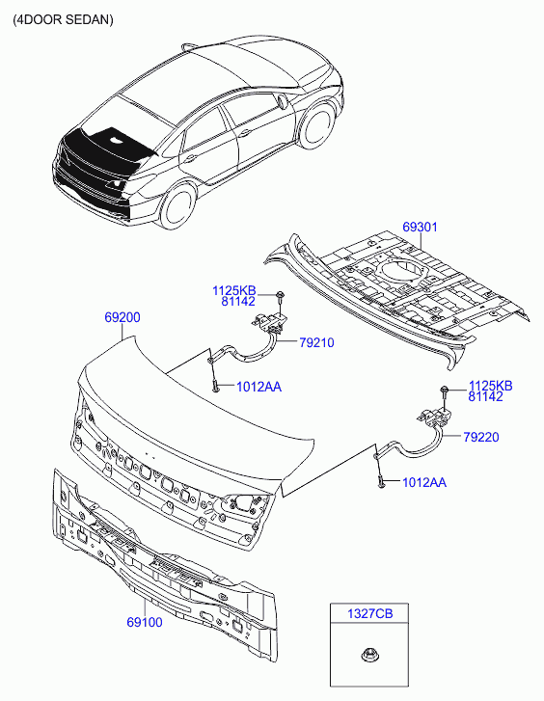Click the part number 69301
coord(420,227)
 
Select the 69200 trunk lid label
coord(122,316)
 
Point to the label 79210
coord(317,341)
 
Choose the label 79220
coord(480,437)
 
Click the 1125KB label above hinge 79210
coord(234,289)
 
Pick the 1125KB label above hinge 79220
coord(490,386)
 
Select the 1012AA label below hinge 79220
coord(423,482)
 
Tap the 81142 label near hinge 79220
coord(490,396)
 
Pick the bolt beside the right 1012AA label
coord(381,480)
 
